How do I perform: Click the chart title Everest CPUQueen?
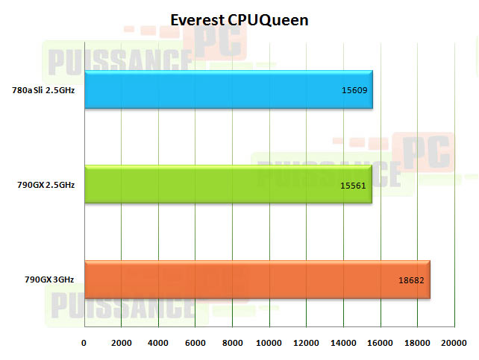coord(239,20)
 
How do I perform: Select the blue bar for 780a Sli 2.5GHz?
coord(228,89)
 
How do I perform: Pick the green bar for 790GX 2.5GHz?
coord(228,184)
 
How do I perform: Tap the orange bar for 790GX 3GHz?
coord(257,280)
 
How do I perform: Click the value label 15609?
coord(353,90)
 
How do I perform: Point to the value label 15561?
coord(352,185)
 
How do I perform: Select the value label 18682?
coord(412,280)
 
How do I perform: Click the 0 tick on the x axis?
coord(84,343)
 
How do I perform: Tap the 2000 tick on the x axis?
coord(121,343)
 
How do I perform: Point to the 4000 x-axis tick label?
coord(158,343)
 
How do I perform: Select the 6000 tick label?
coord(195,343)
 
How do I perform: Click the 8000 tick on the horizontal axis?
coord(232,343)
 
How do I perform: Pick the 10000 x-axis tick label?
coord(269,343)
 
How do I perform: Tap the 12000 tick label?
coord(306,343)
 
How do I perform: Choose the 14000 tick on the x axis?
coord(342,343)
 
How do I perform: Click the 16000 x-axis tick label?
coord(380,343)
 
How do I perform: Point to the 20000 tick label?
coord(454,343)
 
